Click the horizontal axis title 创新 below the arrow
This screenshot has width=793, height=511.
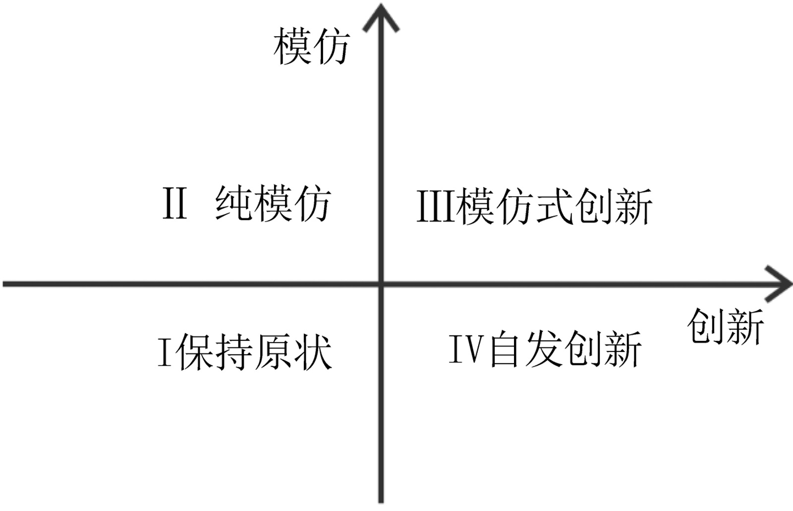pyautogui.click(x=726, y=326)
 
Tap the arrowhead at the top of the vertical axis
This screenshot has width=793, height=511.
pyautogui.click(x=381, y=17)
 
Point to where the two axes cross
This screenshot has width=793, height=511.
pyautogui.click(x=381, y=284)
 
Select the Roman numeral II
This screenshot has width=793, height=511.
pyautogui.click(x=175, y=203)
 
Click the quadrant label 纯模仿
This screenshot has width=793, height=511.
pyautogui.click(x=273, y=203)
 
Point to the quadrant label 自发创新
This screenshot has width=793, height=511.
pyautogui.click(x=565, y=349)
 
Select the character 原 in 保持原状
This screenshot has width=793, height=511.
pyautogui.click(x=273, y=352)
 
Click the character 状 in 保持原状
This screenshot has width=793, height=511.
pyautogui.click(x=312, y=352)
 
